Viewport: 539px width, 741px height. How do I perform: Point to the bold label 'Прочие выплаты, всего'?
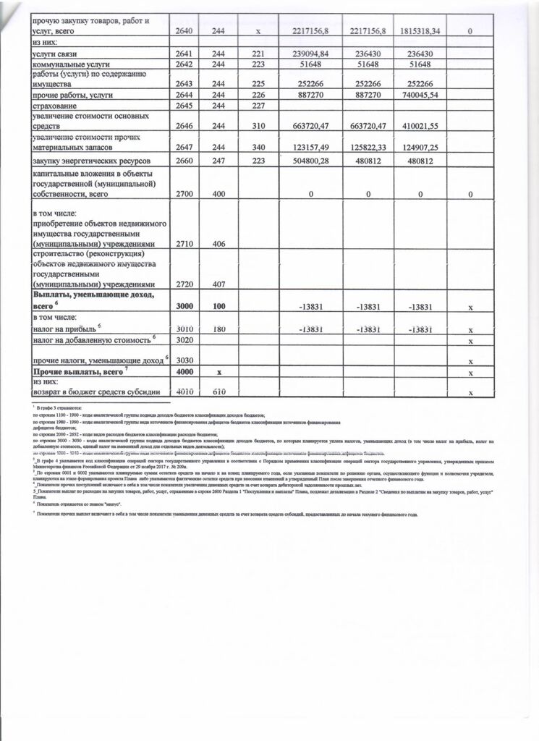(76, 372)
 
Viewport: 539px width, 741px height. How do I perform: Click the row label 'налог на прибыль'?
(67, 329)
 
